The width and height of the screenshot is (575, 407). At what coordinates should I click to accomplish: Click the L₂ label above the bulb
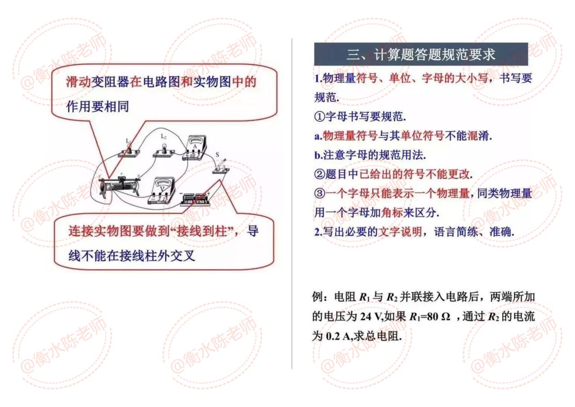click(x=164, y=136)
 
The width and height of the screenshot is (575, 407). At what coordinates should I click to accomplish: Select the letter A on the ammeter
click(x=195, y=147)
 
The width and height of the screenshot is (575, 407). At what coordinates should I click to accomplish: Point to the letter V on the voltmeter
click(x=162, y=189)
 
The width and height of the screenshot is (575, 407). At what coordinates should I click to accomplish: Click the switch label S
click(x=217, y=154)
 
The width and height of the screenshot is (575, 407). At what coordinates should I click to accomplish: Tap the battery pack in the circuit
click(x=195, y=199)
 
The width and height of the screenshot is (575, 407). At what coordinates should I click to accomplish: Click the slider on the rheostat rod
click(x=121, y=179)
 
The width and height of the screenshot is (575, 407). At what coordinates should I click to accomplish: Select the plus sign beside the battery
click(x=208, y=193)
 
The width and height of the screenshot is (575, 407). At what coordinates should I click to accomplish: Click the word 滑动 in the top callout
click(x=79, y=82)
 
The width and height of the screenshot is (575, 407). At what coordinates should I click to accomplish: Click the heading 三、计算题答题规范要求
click(x=421, y=54)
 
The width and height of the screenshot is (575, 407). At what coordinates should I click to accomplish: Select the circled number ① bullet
click(x=320, y=116)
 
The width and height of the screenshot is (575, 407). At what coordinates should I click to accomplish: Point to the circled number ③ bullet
click(x=320, y=193)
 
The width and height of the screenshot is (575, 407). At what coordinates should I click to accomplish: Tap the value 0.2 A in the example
click(x=338, y=336)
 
